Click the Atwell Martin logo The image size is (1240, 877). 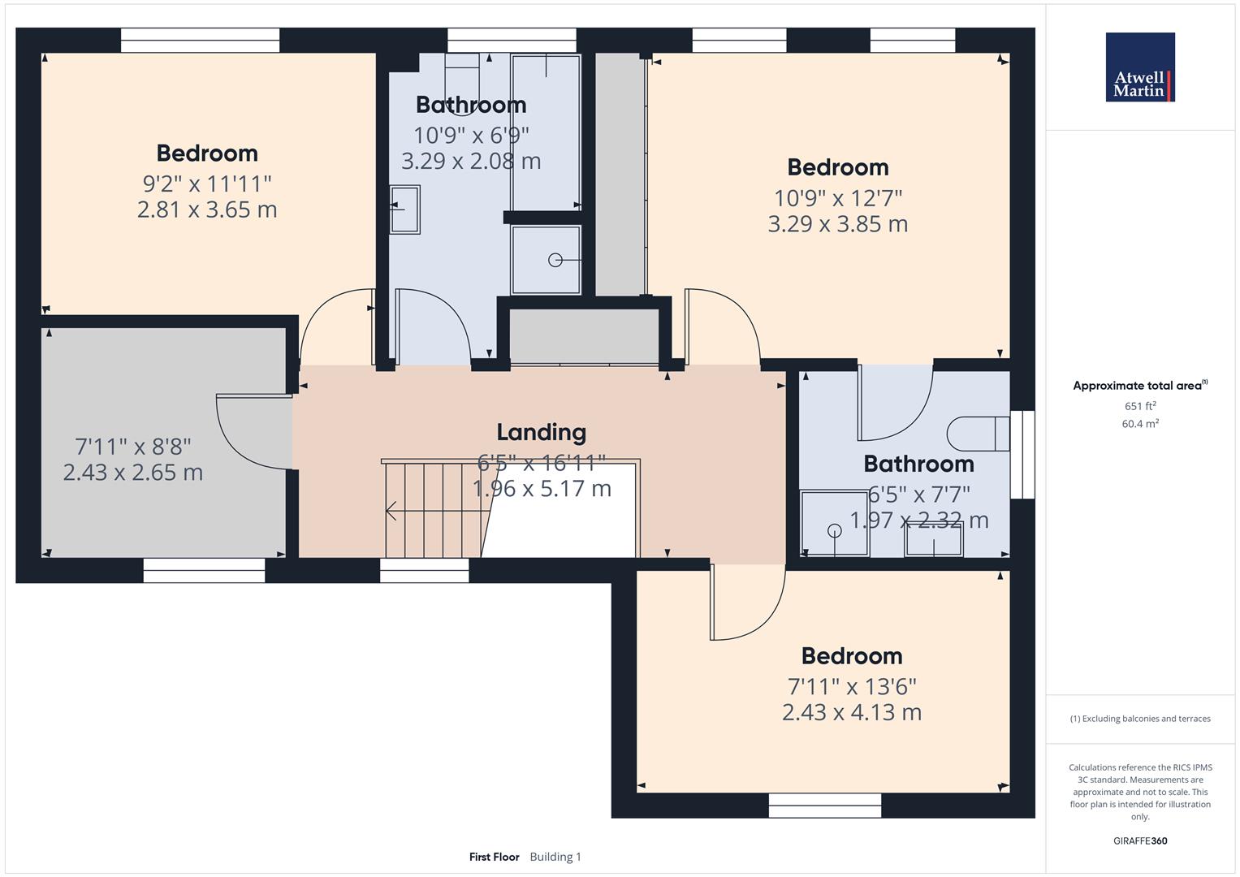(1139, 67)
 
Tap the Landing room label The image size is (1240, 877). (541, 432)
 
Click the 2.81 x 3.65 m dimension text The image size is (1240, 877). (207, 210)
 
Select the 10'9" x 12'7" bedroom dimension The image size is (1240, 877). (837, 197)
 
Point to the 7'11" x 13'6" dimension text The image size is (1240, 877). (852, 686)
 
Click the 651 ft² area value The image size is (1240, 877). (1139, 406)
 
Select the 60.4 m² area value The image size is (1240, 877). (1139, 424)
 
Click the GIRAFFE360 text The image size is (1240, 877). (1139, 840)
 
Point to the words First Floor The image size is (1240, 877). (494, 857)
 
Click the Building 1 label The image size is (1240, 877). (555, 857)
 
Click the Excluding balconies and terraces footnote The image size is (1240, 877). (1139, 719)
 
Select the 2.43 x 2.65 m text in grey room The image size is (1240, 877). (132, 473)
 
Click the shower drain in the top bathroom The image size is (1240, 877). (555, 260)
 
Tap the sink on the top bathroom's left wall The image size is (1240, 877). (404, 210)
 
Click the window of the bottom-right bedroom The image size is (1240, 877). (824, 806)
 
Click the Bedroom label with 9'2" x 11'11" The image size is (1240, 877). (207, 153)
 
